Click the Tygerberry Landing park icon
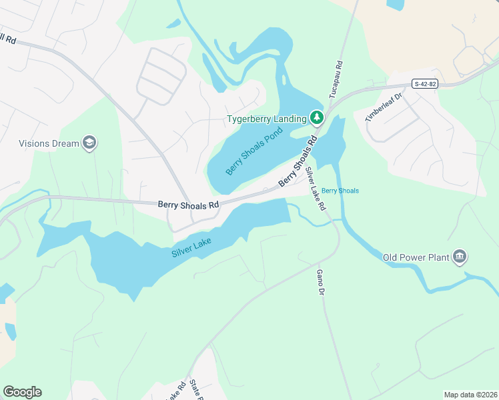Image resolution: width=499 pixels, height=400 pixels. [317, 119]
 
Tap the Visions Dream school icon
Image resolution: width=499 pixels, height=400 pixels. [89, 143]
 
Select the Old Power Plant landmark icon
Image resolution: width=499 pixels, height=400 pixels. [459, 257]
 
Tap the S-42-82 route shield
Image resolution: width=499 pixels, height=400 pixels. [426, 83]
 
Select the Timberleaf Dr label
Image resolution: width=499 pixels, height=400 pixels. [385, 107]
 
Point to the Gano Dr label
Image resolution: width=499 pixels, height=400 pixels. [320, 283]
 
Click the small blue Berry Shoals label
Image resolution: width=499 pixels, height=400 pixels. [340, 191]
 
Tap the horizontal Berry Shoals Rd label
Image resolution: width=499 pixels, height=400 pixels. [189, 205]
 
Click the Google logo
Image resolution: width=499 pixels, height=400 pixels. [22, 392]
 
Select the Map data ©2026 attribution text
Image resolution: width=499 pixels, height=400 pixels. [470, 395]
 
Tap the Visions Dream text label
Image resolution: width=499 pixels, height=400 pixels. [49, 143]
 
